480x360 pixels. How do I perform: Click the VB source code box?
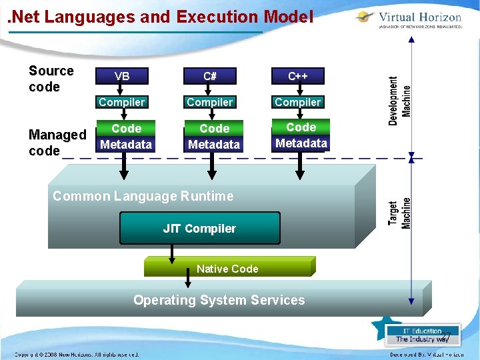[x=122, y=76]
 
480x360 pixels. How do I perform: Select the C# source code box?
[x=210, y=76]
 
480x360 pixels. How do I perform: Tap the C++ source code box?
[x=297, y=76]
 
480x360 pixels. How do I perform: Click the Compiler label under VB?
[x=121, y=102]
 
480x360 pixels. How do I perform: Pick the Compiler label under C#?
[x=210, y=102]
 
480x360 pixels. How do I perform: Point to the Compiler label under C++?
[x=298, y=102]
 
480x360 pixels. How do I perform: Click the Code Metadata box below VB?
[x=126, y=137]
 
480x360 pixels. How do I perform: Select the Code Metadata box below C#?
[x=214, y=137]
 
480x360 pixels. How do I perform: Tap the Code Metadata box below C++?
[x=301, y=135]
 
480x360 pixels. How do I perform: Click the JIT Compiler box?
[x=199, y=229]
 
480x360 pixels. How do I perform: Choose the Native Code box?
[x=227, y=268]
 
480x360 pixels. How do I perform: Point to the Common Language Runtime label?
[x=143, y=196]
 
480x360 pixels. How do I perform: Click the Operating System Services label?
[x=219, y=300]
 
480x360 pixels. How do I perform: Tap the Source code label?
[x=51, y=79]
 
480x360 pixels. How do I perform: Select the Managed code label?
[x=57, y=143]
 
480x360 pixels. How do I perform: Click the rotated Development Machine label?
[x=400, y=100]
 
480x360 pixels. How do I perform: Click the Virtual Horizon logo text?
[x=419, y=17]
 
